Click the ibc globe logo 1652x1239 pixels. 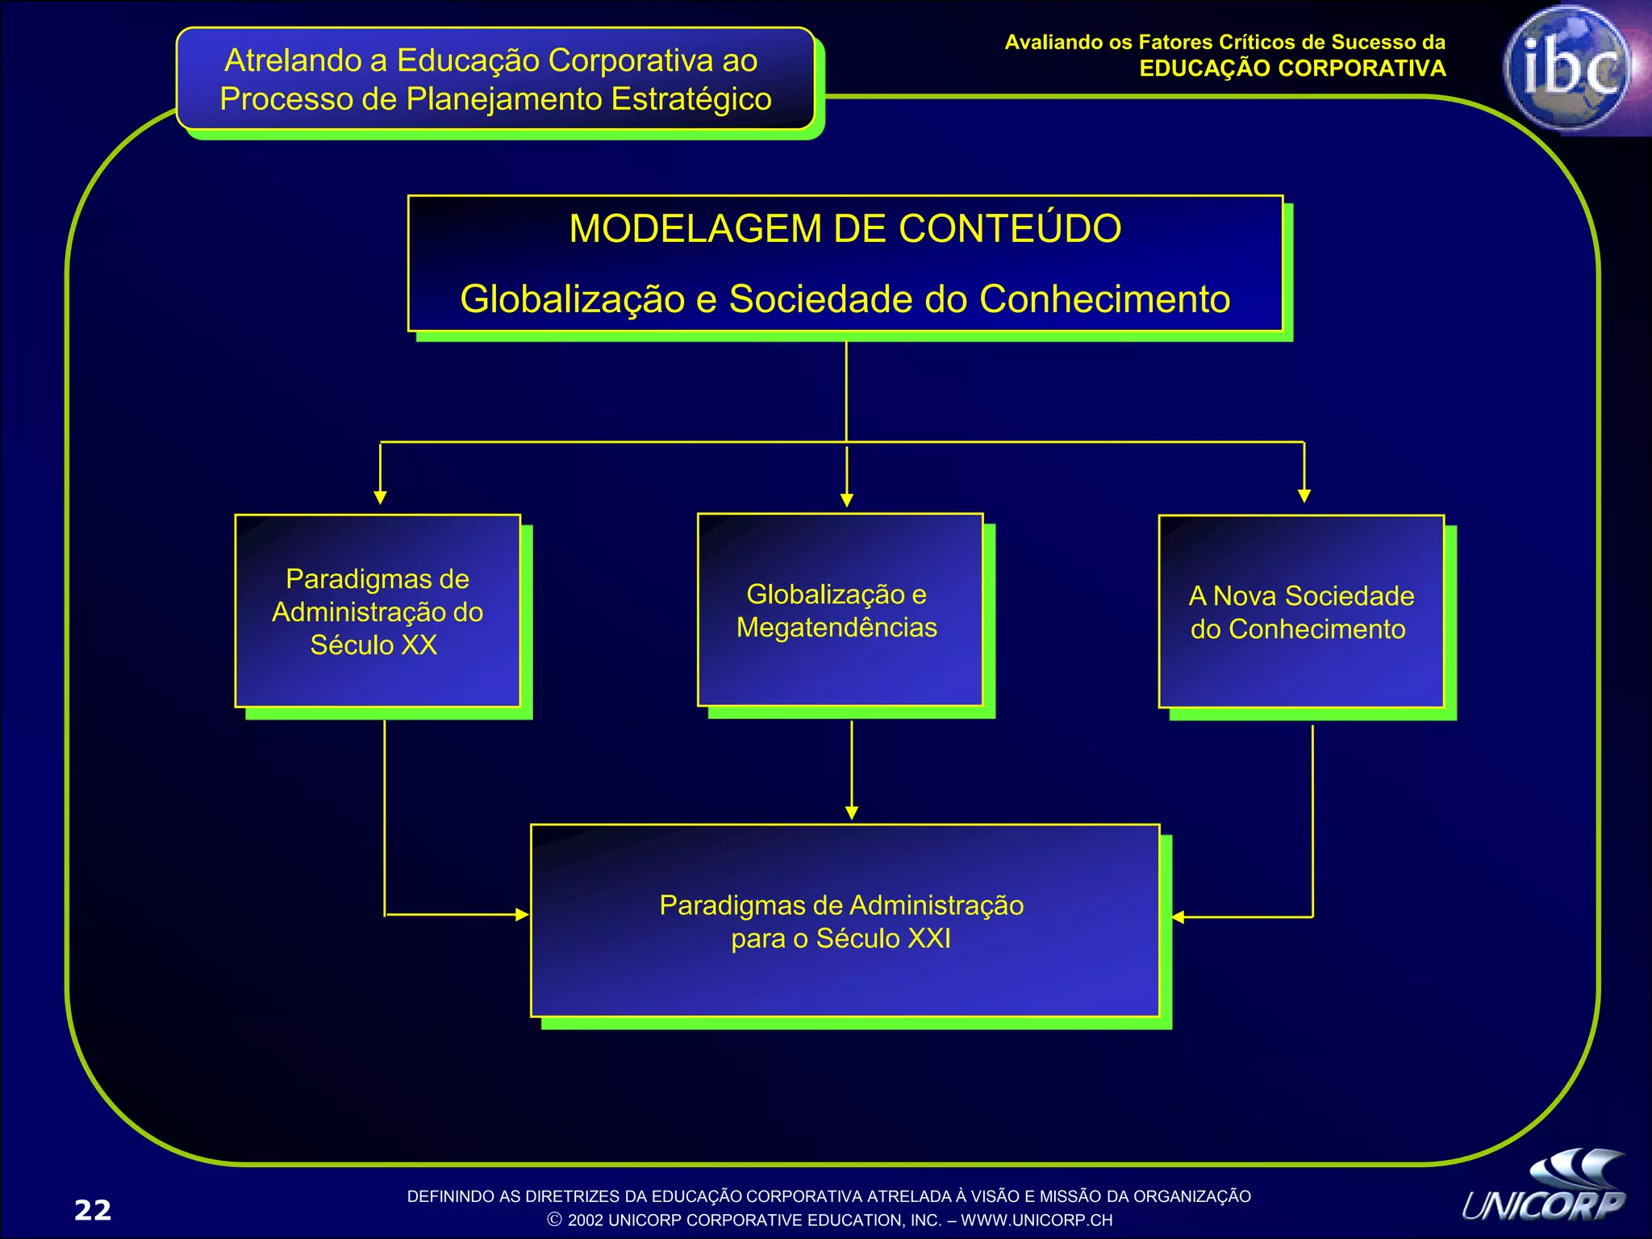point(1566,69)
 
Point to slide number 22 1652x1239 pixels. point(93,1210)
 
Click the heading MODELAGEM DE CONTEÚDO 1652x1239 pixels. point(845,228)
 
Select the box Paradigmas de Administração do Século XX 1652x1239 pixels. point(378,611)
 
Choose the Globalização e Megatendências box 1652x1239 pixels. point(840,610)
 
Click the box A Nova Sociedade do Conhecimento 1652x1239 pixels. point(1301,611)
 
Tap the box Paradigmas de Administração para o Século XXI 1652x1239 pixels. point(845,920)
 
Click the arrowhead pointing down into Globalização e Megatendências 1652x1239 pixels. point(846,500)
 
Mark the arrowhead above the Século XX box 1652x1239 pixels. point(381,498)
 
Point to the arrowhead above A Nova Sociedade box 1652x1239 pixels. point(1304,496)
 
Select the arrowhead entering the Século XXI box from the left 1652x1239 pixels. point(522,915)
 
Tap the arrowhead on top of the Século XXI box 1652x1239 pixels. point(852,813)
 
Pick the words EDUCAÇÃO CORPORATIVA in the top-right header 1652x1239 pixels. point(1292,69)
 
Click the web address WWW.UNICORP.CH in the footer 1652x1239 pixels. point(1037,1220)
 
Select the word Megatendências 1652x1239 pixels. point(836,628)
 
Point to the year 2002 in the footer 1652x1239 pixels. point(585,1220)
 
